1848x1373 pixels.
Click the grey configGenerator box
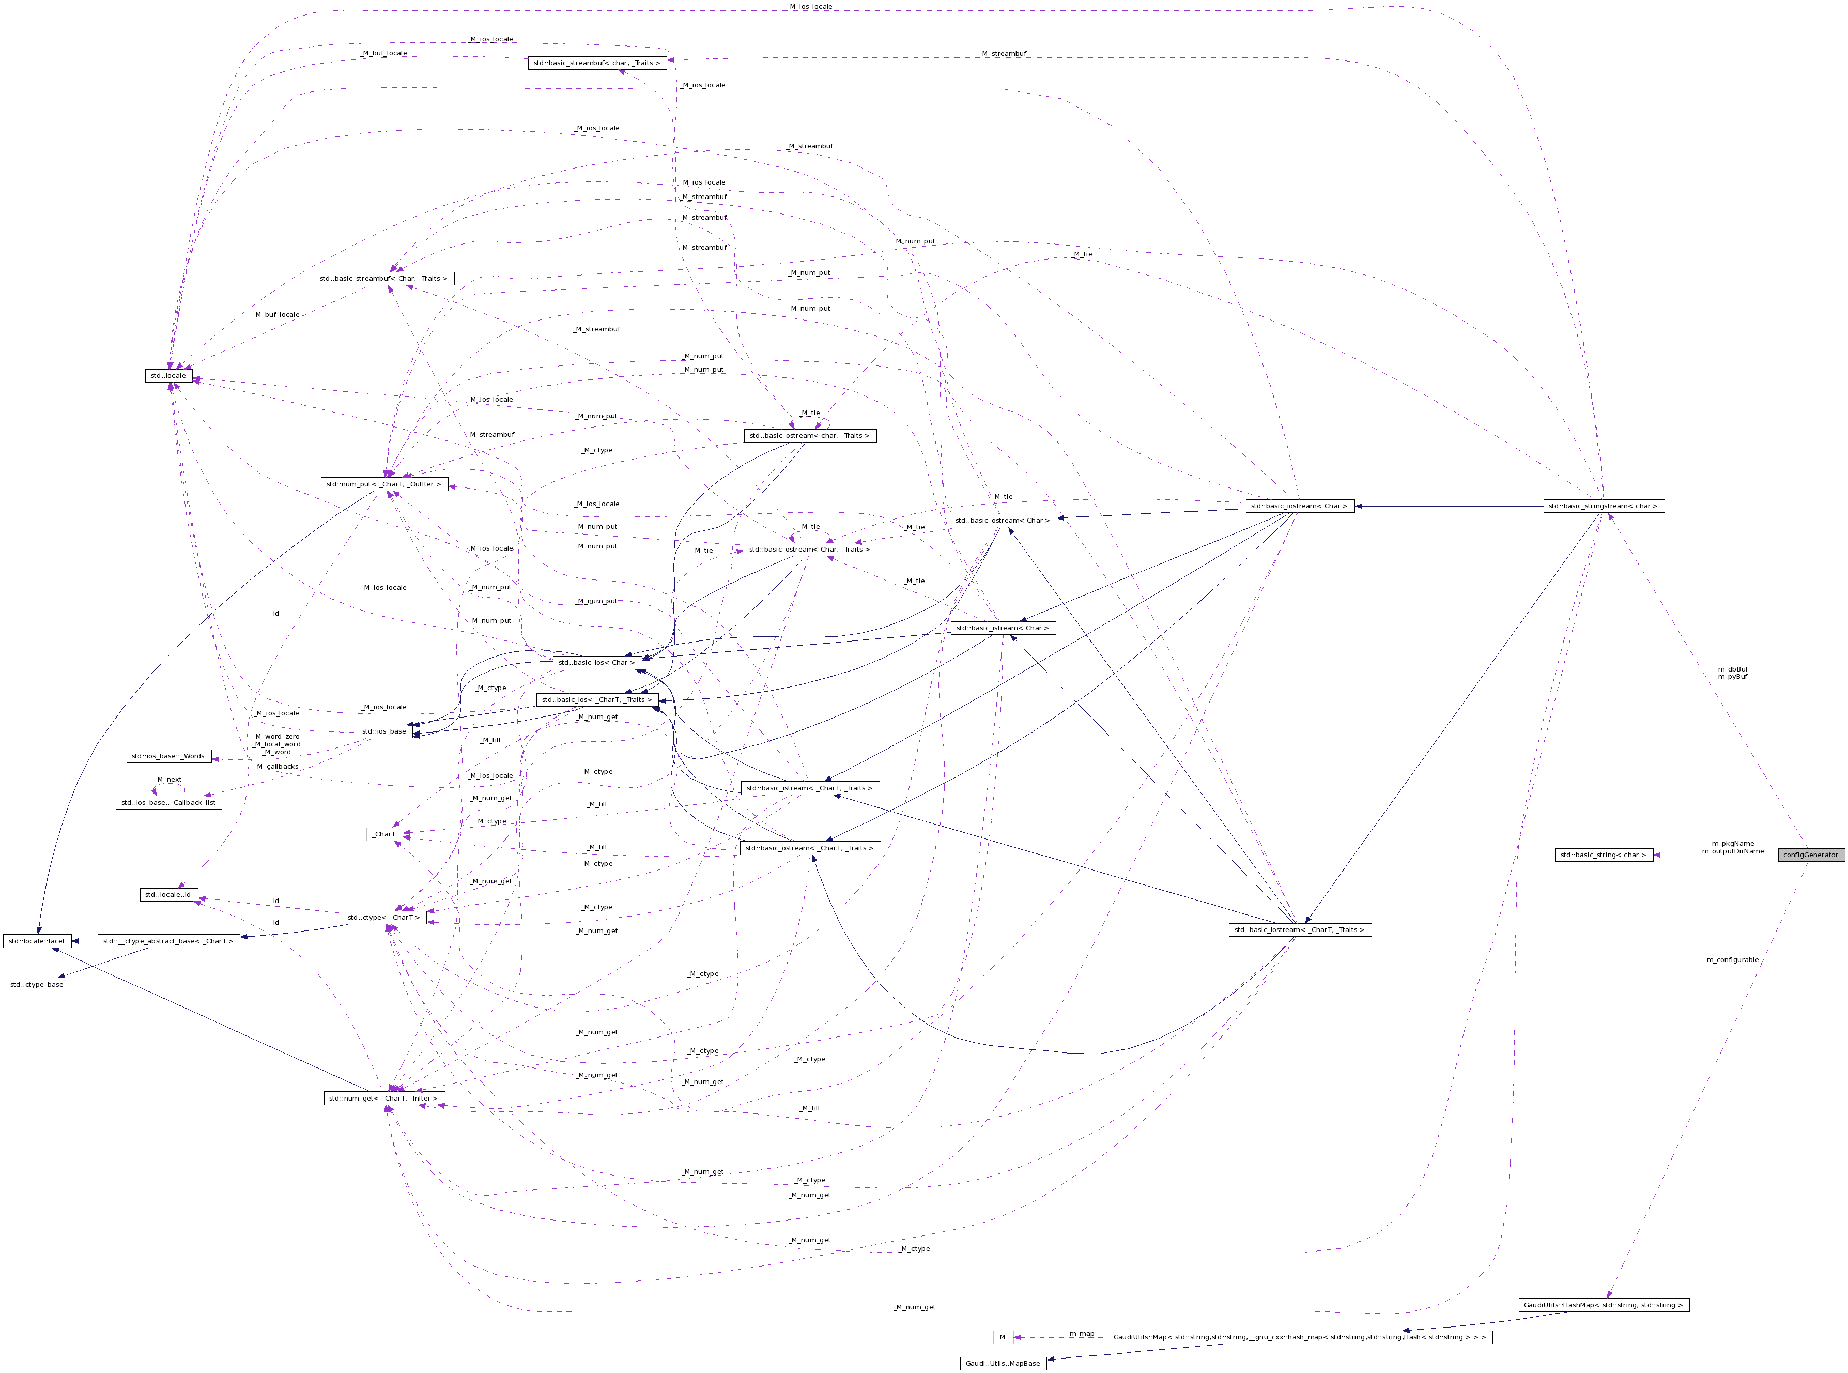point(1811,855)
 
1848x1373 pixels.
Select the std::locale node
point(168,376)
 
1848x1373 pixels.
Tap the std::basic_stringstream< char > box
point(1603,506)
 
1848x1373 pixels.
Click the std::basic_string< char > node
point(1603,855)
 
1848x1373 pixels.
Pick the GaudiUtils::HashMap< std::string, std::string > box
point(1603,1305)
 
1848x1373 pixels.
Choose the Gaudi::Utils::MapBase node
point(1002,1363)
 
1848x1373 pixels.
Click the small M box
point(1002,1337)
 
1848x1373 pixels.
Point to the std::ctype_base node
point(37,984)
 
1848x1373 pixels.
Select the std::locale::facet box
point(37,941)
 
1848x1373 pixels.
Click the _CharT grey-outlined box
point(384,834)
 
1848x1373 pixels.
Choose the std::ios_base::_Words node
point(168,756)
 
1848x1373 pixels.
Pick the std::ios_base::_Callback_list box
point(168,803)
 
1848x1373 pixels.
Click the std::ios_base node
point(384,731)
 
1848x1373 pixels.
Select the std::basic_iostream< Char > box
point(1300,506)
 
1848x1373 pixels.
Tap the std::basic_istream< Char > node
point(1003,628)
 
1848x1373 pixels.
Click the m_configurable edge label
point(1732,960)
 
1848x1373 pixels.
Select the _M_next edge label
point(168,780)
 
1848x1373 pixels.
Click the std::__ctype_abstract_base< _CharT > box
point(168,941)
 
